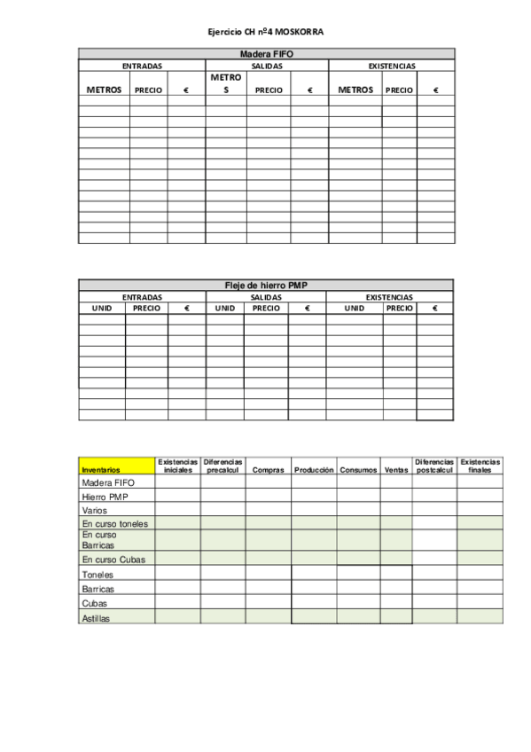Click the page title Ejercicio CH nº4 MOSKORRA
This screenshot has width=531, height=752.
pyautogui.click(x=266, y=32)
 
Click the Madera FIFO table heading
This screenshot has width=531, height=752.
pyautogui.click(x=266, y=54)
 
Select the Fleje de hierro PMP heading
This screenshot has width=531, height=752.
pyautogui.click(x=266, y=285)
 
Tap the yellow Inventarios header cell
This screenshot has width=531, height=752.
pyautogui.click(x=116, y=466)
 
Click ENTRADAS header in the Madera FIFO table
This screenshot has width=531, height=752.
pyautogui.click(x=142, y=66)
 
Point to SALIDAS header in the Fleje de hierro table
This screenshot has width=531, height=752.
pyautogui.click(x=266, y=297)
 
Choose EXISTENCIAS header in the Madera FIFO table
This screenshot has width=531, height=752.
pyautogui.click(x=391, y=66)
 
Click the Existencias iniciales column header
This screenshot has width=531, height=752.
pyautogui.click(x=177, y=466)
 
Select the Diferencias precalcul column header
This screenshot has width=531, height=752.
pyautogui.click(x=223, y=466)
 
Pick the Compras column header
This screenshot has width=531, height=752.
pyautogui.click(x=269, y=470)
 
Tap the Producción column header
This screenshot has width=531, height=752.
pyautogui.click(x=314, y=470)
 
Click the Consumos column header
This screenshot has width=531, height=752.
pyautogui.click(x=358, y=470)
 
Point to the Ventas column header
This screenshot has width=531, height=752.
pyautogui.click(x=395, y=470)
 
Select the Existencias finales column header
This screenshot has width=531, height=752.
pyautogui.click(x=480, y=466)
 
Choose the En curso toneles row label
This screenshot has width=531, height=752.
pyautogui.click(x=114, y=523)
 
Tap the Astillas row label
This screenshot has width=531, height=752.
pyautogui.click(x=96, y=618)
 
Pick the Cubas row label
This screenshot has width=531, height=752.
pyautogui.click(x=94, y=603)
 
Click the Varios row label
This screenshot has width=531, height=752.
pyautogui.click(x=94, y=511)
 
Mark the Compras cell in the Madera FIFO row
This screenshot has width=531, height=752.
pyautogui.click(x=269, y=483)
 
